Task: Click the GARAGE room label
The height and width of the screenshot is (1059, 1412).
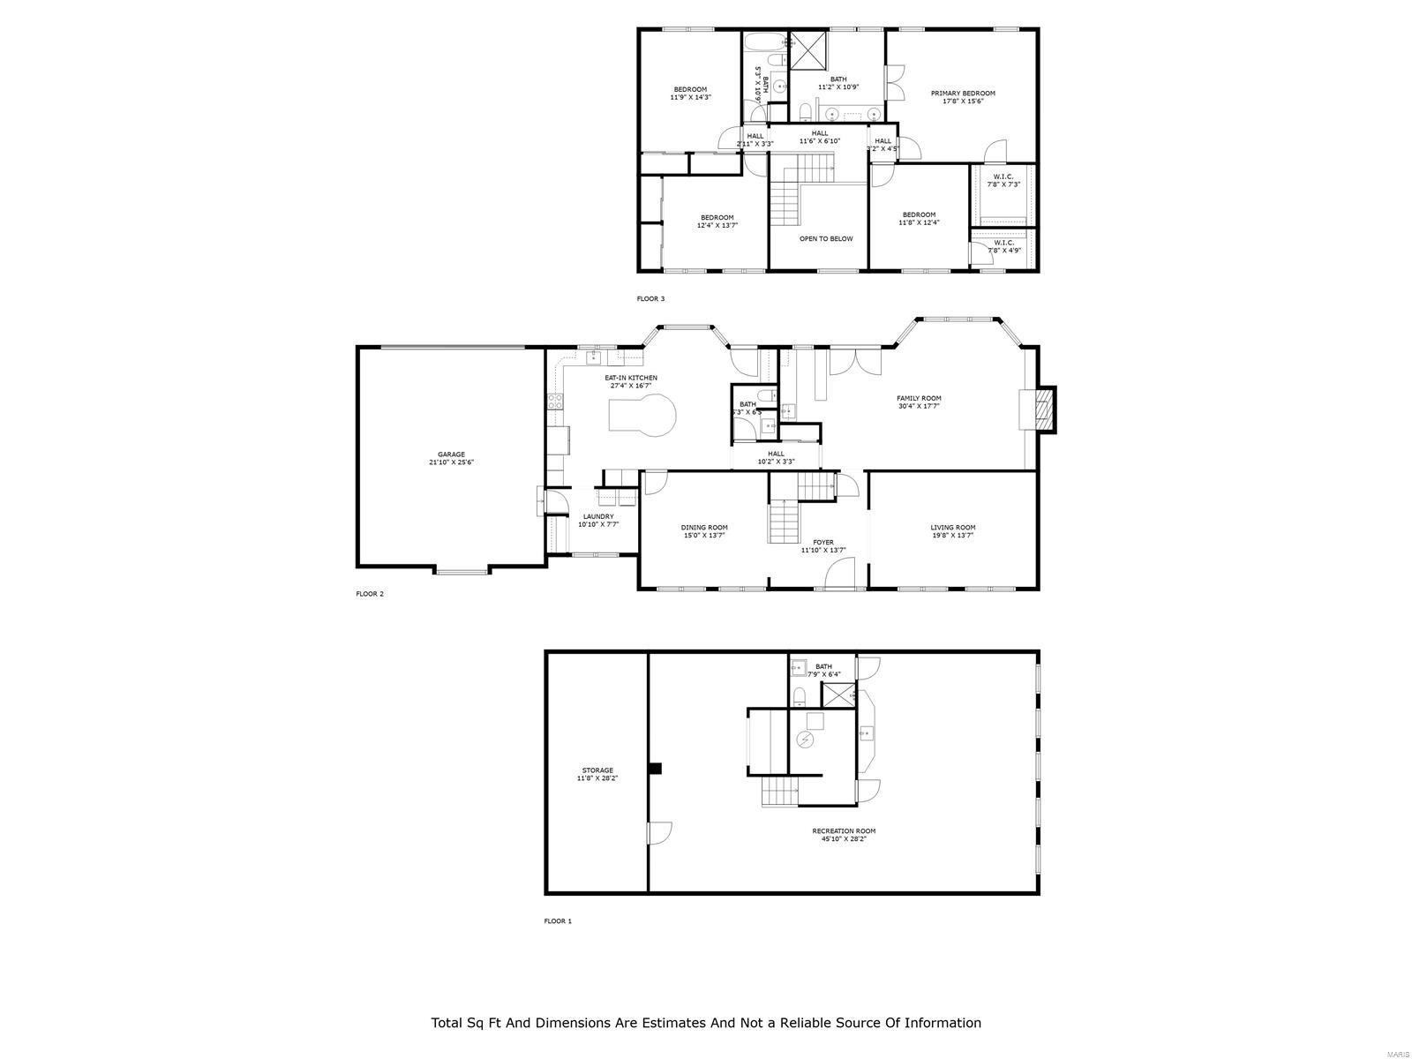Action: pos(451,454)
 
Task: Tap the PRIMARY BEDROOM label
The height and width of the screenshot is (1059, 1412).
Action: pos(963,94)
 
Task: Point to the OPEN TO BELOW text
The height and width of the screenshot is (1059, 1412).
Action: pos(826,238)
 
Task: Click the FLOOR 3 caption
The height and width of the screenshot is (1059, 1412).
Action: pos(650,299)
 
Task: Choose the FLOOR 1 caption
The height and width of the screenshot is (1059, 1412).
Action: pos(558,921)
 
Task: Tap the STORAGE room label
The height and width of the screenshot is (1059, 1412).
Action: pos(597,770)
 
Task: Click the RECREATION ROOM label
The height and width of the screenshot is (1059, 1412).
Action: pos(844,830)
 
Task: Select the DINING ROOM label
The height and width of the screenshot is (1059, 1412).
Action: pos(704,528)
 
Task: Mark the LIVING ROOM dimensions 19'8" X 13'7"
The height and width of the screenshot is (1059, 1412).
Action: pos(953,536)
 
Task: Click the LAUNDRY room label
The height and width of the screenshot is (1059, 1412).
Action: pos(598,517)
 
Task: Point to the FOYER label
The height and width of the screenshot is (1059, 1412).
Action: pos(823,543)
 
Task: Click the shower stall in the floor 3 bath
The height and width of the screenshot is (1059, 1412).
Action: pos(807,49)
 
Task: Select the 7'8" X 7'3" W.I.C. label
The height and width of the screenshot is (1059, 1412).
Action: pos(1003,184)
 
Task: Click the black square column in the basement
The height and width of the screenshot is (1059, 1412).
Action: pos(655,769)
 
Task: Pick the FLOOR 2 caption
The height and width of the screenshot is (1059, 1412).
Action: pos(370,594)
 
